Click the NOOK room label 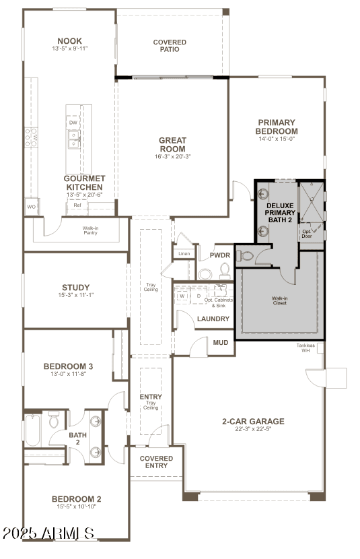point(70,41)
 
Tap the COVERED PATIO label point(170,46)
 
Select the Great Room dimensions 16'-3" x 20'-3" point(173,156)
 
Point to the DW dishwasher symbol point(73,123)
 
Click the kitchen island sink point(74,139)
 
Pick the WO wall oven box point(32,207)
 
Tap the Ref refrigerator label point(77,205)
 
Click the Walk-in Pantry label point(90,230)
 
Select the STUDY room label point(76,288)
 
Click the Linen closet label point(184,254)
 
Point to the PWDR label point(220,255)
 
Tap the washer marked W point(182,296)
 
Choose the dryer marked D point(199,296)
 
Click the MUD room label point(221,343)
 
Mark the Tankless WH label point(305,348)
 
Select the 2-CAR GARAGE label point(253,422)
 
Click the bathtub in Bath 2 point(32,430)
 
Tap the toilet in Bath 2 point(53,420)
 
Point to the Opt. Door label point(307,234)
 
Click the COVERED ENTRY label point(156,462)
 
